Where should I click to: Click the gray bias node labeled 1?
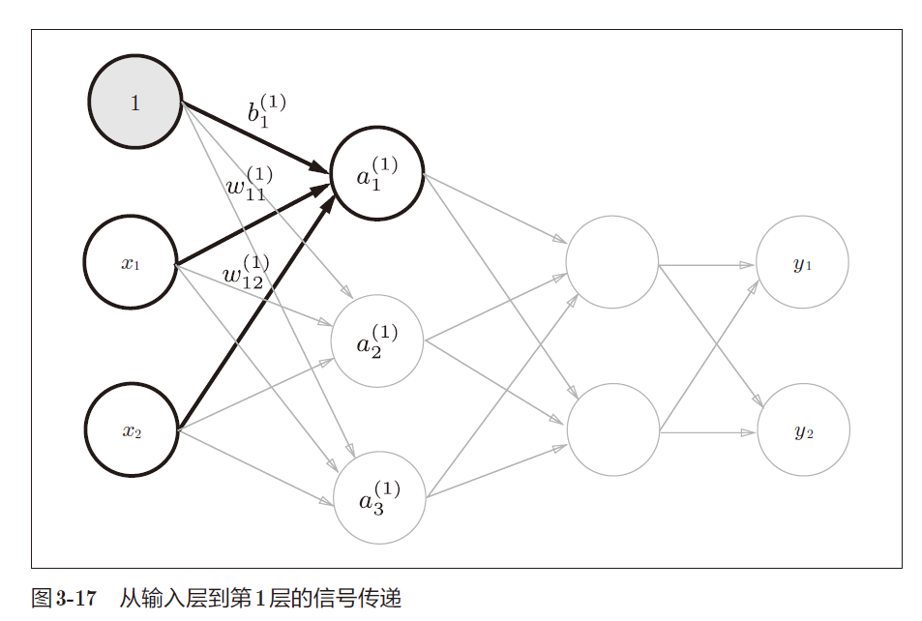[135, 103]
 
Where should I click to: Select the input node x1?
[131, 262]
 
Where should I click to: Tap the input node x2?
[132, 430]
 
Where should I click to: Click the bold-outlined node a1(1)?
[377, 173]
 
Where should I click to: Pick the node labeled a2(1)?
[377, 340]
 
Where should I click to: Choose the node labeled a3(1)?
[379, 497]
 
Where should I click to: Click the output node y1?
[802, 263]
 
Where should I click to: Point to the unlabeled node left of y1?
[611, 262]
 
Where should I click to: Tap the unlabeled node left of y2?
[612, 429]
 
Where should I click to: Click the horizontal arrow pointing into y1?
[706, 263]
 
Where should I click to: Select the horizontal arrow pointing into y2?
[706, 431]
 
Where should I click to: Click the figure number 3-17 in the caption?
[75, 598]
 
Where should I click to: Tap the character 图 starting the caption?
[42, 598]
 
